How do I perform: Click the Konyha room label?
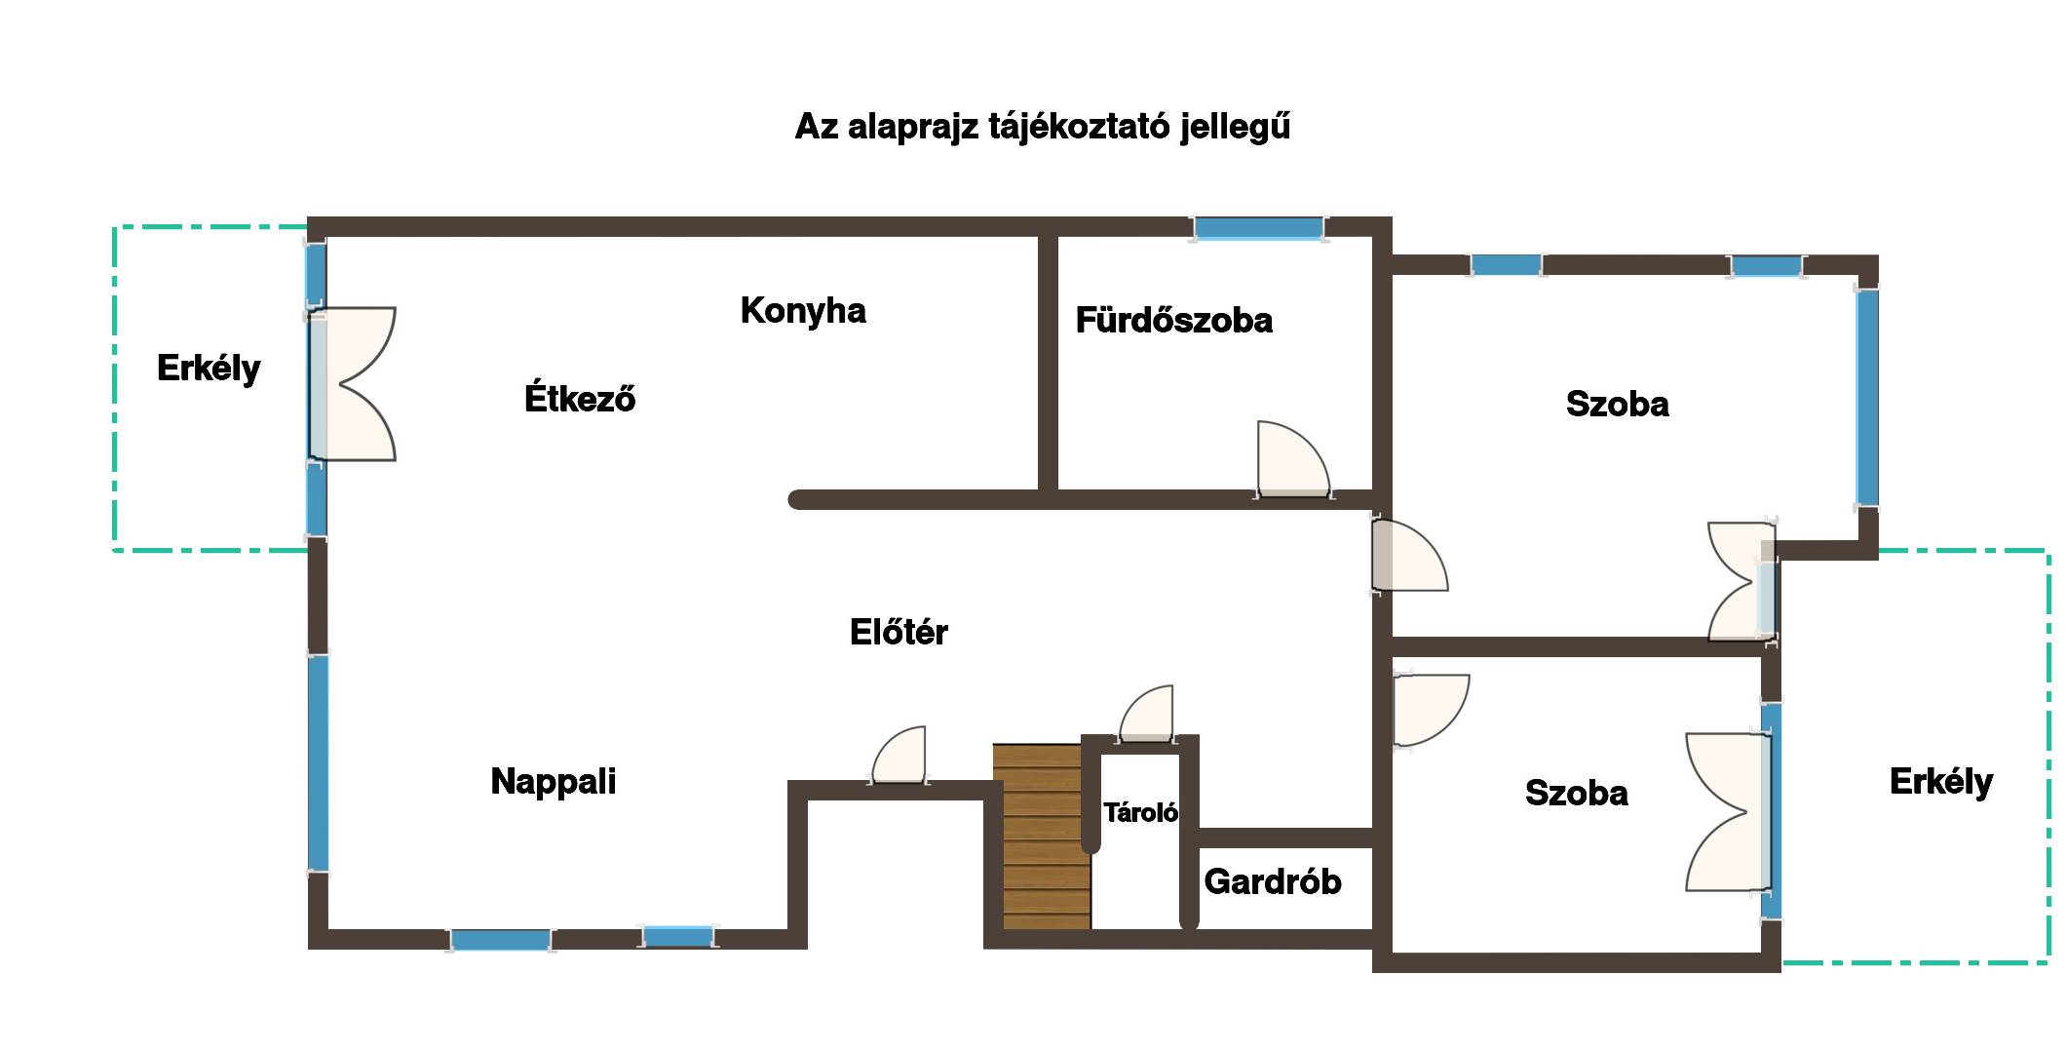[803, 311]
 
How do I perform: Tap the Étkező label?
[580, 399]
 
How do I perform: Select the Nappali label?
[553, 782]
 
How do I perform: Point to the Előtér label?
[899, 633]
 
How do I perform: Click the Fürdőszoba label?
[1173, 321]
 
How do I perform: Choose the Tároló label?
[1140, 813]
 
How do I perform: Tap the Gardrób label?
[1272, 882]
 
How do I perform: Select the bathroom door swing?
[1290, 461]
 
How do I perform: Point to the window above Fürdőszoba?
[1258, 229]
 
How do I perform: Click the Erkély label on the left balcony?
[209, 369]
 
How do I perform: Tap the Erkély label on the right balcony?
[1940, 782]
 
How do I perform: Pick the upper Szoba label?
[1617, 405]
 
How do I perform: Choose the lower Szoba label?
[1576, 794]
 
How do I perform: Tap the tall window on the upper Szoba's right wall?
[1866, 397]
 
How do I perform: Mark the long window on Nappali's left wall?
[318, 762]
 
